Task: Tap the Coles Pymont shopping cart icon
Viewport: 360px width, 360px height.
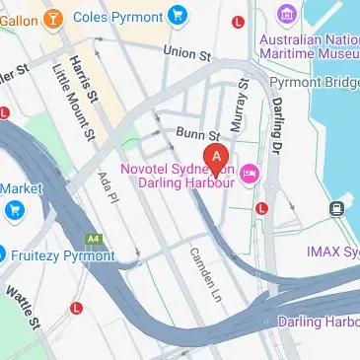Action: (178, 15)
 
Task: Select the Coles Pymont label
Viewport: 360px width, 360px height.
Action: (123, 16)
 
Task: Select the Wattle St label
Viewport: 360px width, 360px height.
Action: (21, 307)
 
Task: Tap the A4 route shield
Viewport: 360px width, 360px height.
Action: (93, 238)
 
